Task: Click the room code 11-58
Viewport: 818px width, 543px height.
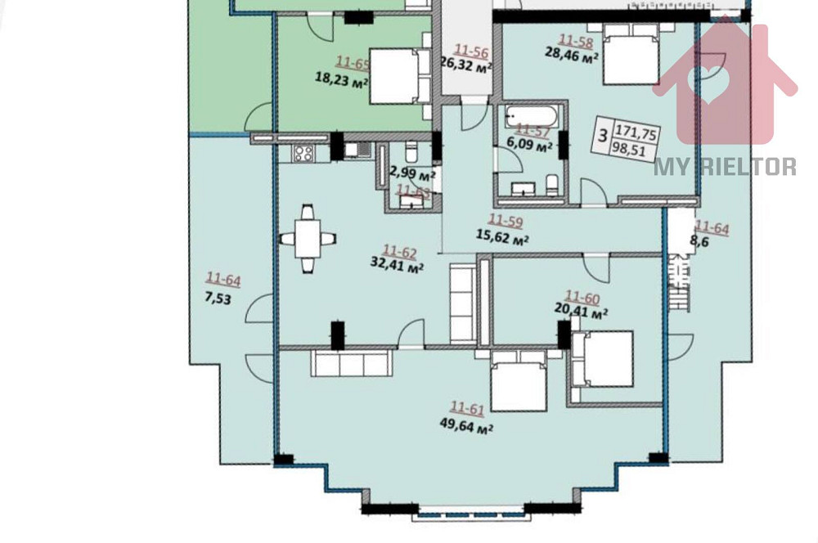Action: [575, 39]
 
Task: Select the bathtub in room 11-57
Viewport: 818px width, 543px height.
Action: [531, 114]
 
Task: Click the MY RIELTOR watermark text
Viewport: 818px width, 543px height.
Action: [725, 167]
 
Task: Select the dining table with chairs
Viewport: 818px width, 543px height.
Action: [308, 239]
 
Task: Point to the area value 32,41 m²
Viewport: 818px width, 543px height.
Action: [398, 266]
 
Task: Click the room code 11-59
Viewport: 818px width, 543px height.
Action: [506, 220]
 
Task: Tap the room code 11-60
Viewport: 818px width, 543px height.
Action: [583, 297]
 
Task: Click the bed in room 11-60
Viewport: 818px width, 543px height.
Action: [602, 358]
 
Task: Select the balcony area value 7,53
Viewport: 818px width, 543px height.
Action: [218, 298]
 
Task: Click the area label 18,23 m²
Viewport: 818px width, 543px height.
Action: [341, 79]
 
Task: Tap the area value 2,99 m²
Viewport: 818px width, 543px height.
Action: [412, 173]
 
